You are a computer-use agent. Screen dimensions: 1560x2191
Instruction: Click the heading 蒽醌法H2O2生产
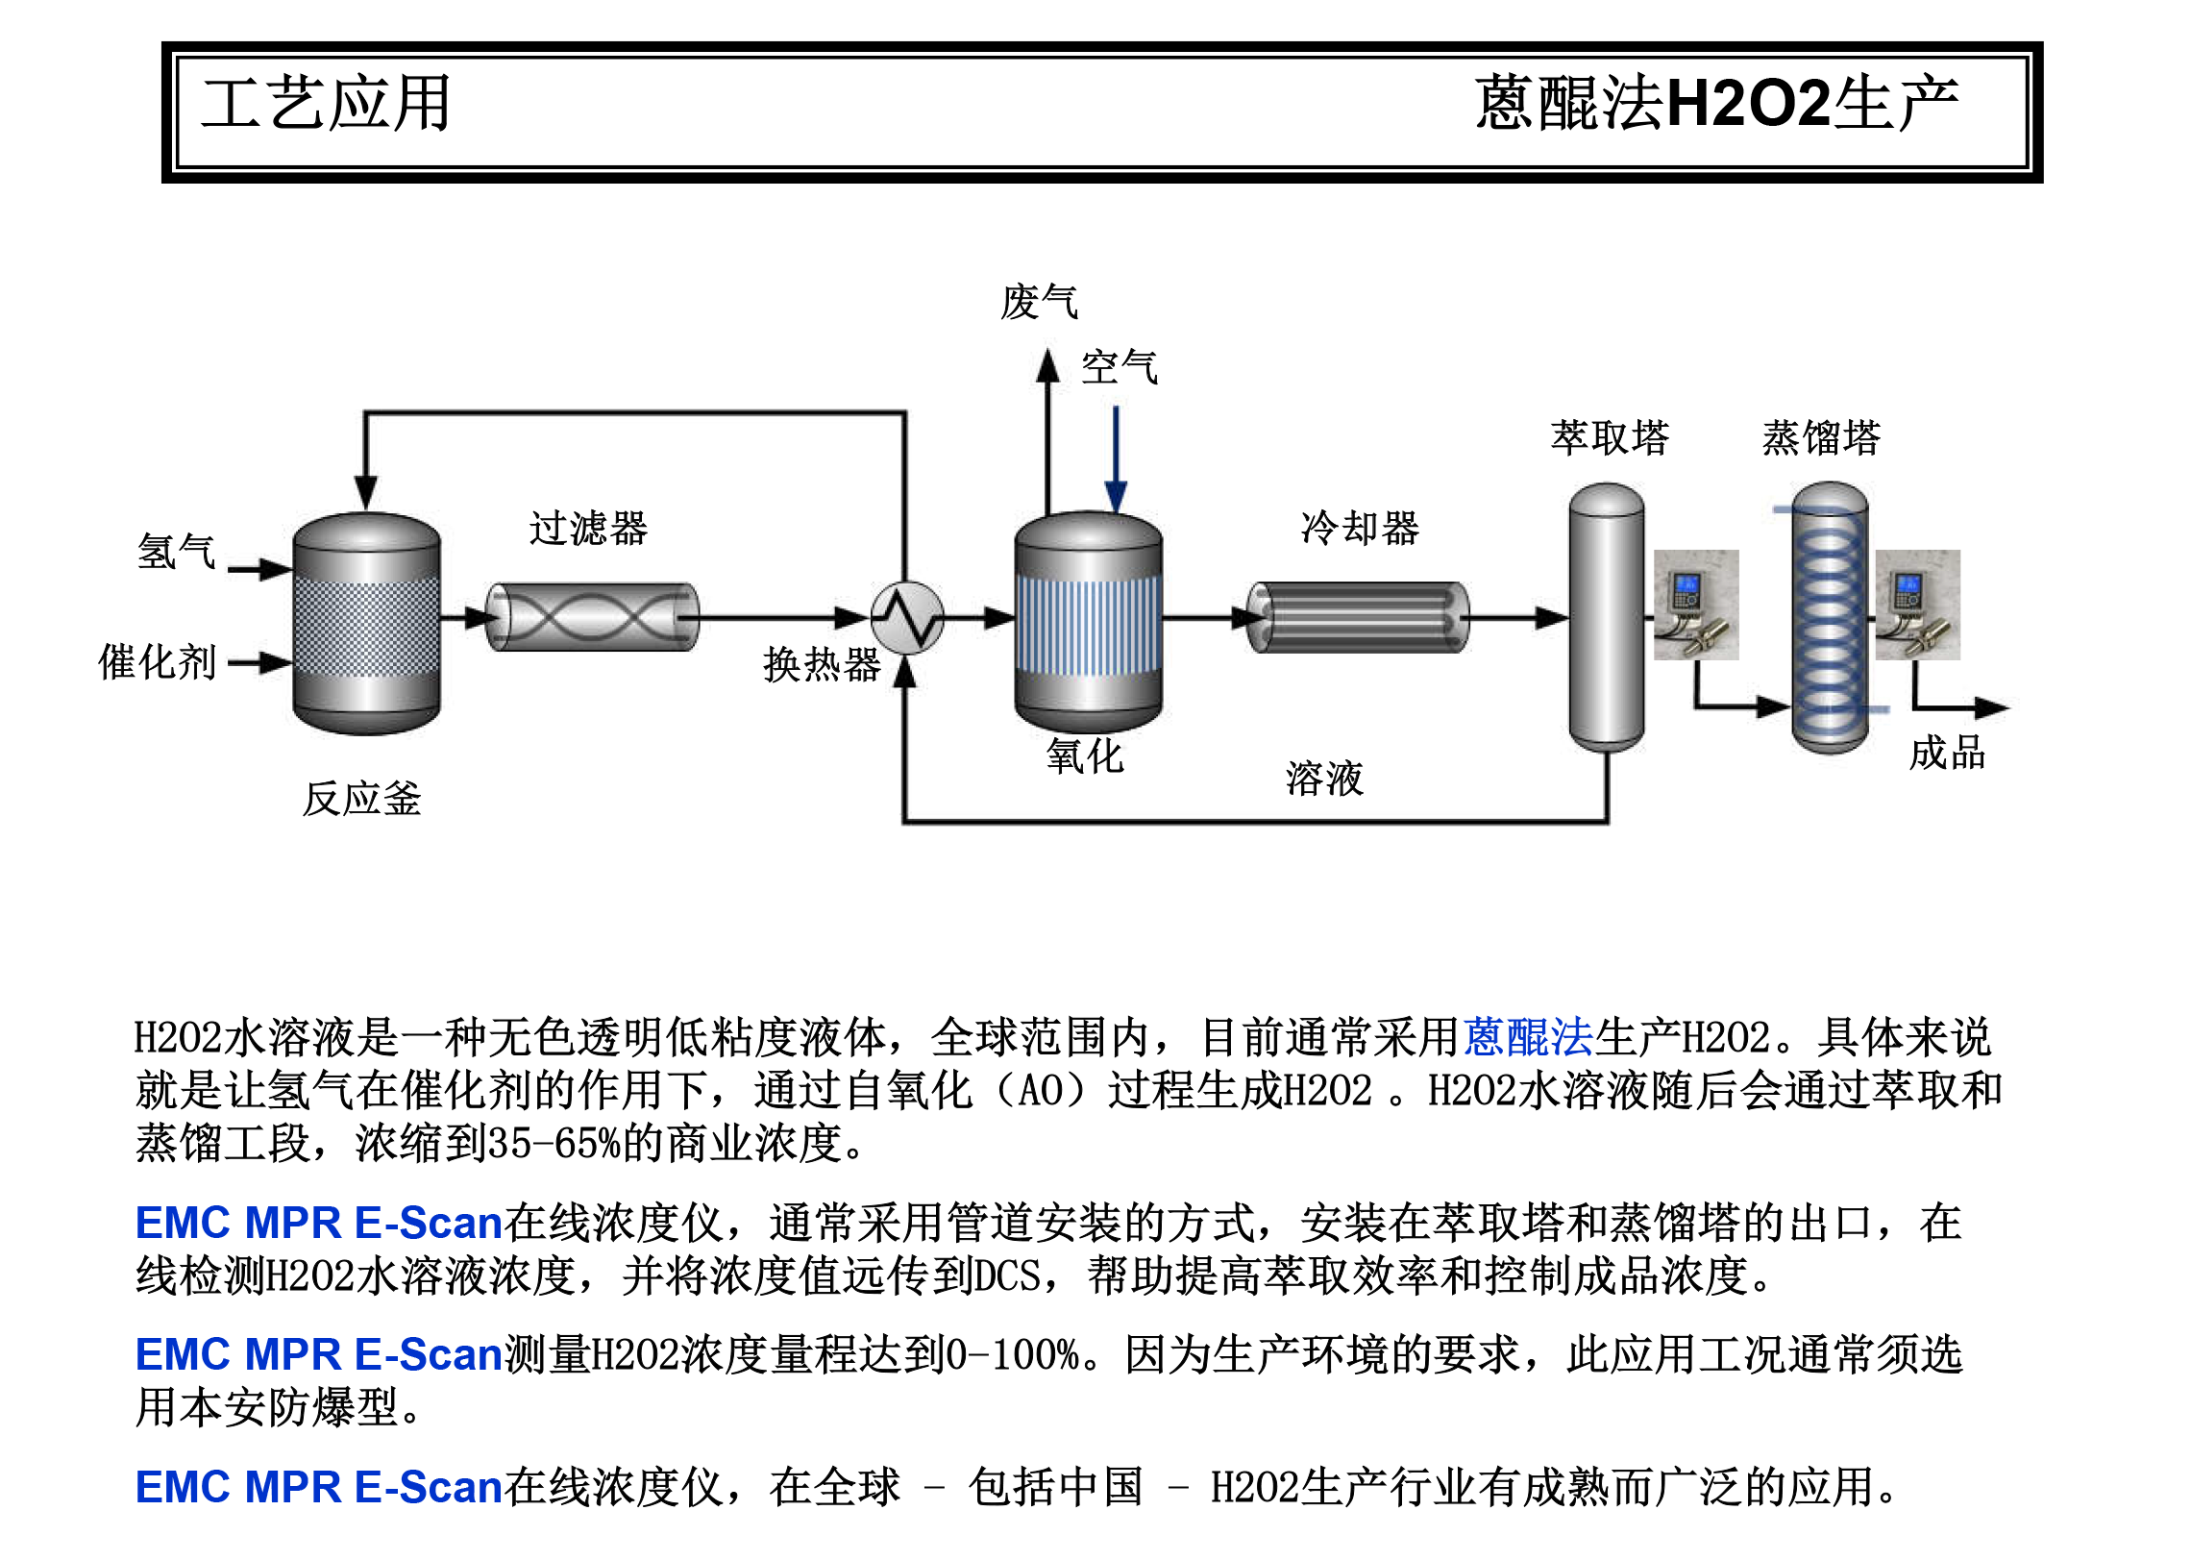click(x=1716, y=104)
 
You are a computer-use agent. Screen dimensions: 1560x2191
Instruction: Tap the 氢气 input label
click(x=176, y=552)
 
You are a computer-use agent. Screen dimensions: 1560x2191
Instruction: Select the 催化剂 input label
click(x=158, y=662)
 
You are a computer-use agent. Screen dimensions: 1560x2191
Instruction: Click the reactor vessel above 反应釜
click(x=366, y=623)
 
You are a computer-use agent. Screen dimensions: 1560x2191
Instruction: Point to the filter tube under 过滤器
click(x=592, y=617)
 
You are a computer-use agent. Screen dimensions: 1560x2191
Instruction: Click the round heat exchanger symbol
click(x=906, y=618)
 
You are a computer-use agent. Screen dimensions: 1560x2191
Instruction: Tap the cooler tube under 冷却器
click(x=1358, y=617)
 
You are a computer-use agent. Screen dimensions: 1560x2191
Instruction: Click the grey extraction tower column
click(x=1606, y=615)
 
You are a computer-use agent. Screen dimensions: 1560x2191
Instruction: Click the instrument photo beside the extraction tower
click(x=1696, y=605)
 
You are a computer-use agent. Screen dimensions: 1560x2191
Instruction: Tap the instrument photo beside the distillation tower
click(x=1917, y=605)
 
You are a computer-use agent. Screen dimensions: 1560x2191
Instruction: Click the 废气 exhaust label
click(x=1039, y=302)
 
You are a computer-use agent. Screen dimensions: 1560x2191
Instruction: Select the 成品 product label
click(x=1947, y=753)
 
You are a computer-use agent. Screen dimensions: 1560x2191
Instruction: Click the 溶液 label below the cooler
click(x=1324, y=778)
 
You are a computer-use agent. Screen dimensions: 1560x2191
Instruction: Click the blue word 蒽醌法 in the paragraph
click(x=1528, y=1037)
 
